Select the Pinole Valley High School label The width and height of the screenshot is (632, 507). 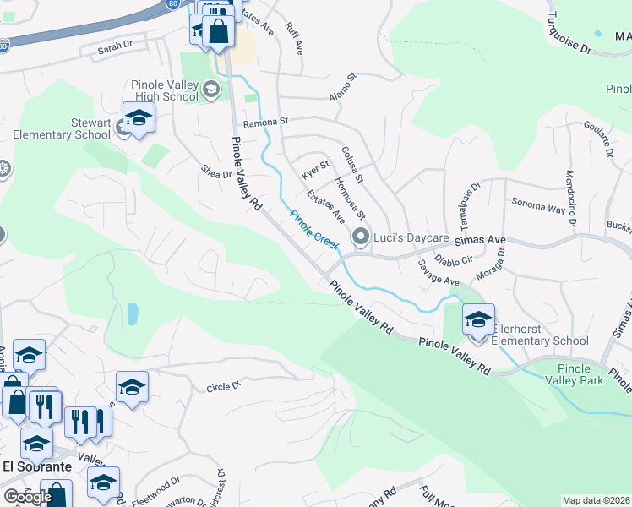(x=165, y=90)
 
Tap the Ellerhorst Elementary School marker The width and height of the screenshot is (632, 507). (x=478, y=320)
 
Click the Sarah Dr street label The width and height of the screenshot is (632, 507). (x=116, y=50)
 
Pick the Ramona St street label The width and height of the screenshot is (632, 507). (x=266, y=123)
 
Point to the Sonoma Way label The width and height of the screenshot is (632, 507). (x=538, y=203)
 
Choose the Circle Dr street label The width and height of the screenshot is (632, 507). (x=224, y=387)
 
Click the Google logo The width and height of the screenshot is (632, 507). (x=27, y=496)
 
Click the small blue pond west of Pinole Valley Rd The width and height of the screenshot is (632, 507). (x=133, y=313)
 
